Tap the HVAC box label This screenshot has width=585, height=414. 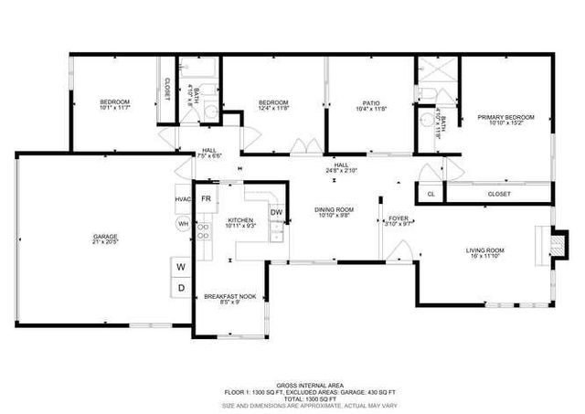coord(182,199)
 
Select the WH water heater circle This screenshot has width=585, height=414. coord(183,223)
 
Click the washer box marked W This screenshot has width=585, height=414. coord(181,266)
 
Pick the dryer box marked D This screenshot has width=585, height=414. coord(181,288)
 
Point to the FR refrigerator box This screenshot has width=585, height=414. coord(207,198)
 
